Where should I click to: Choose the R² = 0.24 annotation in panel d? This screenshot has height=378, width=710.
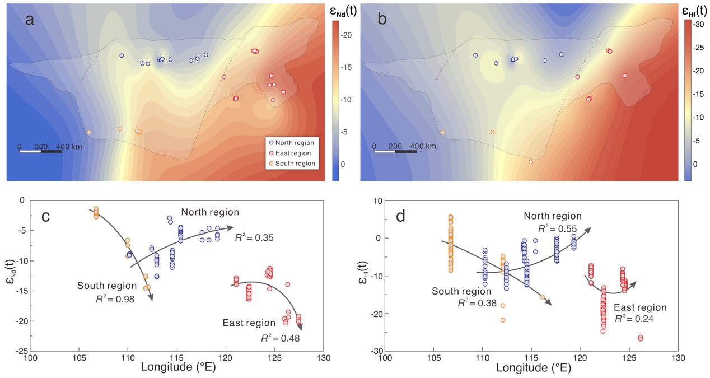click(x=634, y=320)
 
